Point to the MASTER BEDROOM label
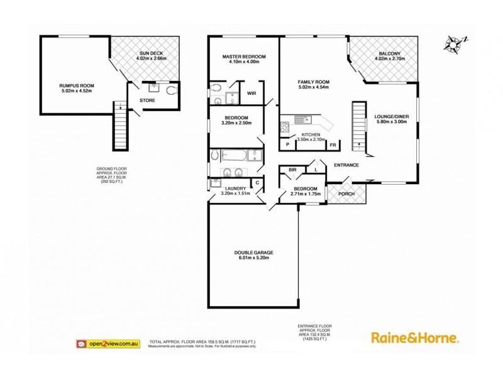(245, 57)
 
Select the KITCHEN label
(311, 135)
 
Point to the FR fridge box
(333, 145)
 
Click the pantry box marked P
(287, 145)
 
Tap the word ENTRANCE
(346, 165)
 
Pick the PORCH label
(346, 194)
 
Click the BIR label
(292, 170)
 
